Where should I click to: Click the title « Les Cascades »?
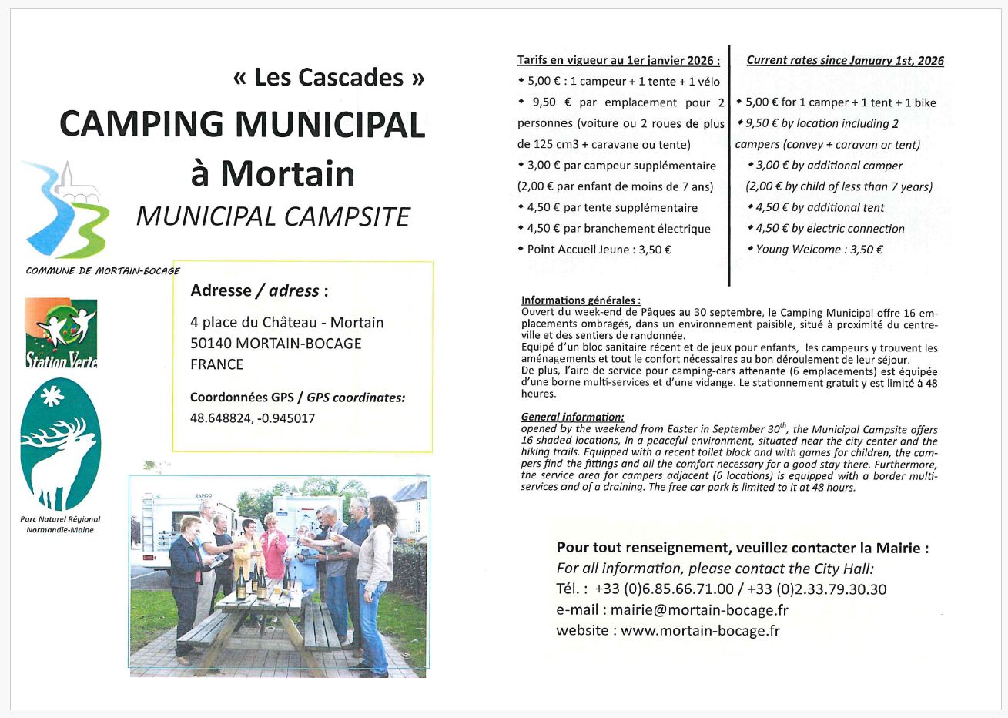[328, 78]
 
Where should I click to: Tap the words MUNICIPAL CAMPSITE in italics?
[273, 216]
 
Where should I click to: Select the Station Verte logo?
[62, 334]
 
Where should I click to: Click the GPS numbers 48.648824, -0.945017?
[253, 418]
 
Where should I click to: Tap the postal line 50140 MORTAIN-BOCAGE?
[276, 344]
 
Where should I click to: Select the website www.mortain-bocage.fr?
[700, 630]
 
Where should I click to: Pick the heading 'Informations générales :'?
[581, 300]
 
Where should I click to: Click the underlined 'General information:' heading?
[572, 417]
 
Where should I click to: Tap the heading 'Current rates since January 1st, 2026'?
[845, 61]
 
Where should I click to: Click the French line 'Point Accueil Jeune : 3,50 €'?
[598, 250]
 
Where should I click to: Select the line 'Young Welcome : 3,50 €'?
[819, 250]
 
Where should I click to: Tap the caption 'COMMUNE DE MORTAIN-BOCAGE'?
[102, 271]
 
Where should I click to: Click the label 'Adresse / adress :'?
[260, 291]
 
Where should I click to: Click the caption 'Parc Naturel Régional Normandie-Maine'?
[60, 525]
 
